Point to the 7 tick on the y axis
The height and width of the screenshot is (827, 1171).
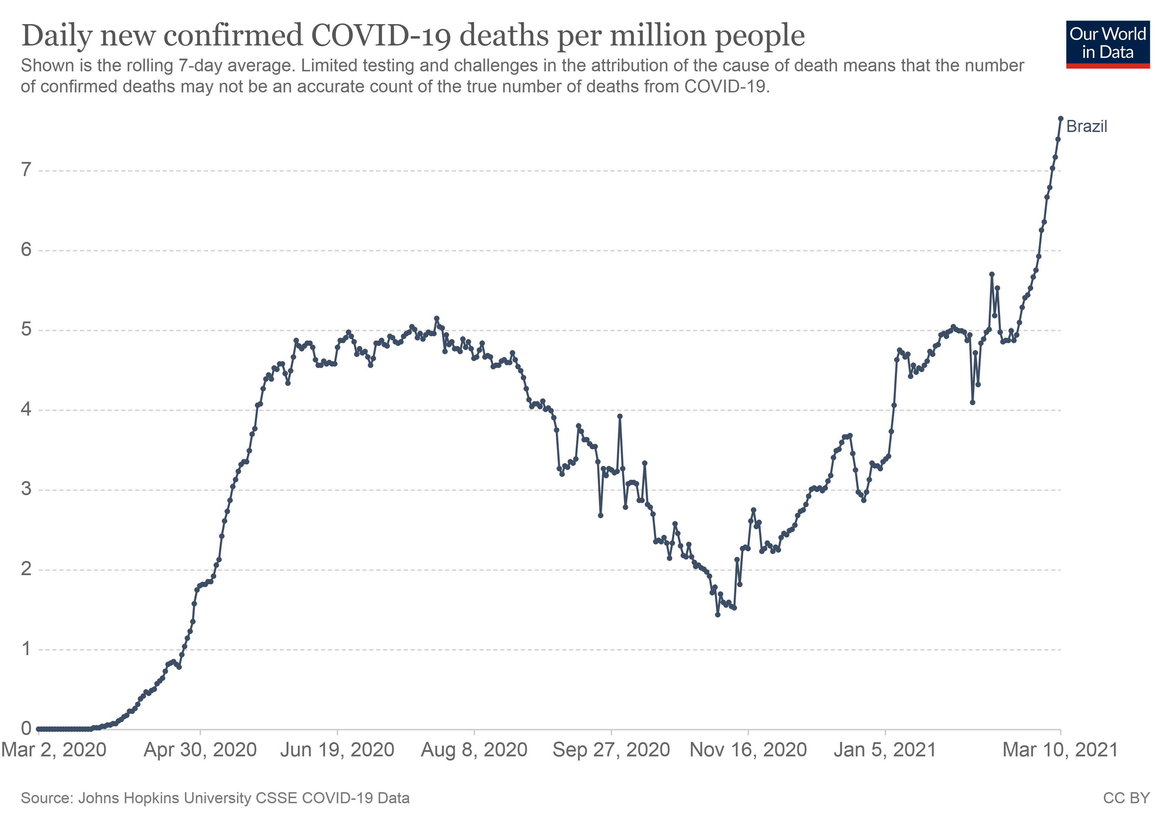click(26, 170)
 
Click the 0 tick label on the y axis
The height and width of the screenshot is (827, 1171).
click(26, 728)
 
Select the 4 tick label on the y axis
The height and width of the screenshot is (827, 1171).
click(26, 409)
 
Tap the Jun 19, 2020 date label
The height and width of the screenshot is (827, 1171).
click(337, 750)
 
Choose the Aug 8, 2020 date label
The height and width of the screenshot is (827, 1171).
click(474, 750)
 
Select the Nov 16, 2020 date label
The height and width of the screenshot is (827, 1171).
click(748, 750)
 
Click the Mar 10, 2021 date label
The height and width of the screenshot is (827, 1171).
click(1060, 750)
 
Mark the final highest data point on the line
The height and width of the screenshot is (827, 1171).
click(1060, 118)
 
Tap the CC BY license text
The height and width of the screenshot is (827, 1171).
click(1126, 798)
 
